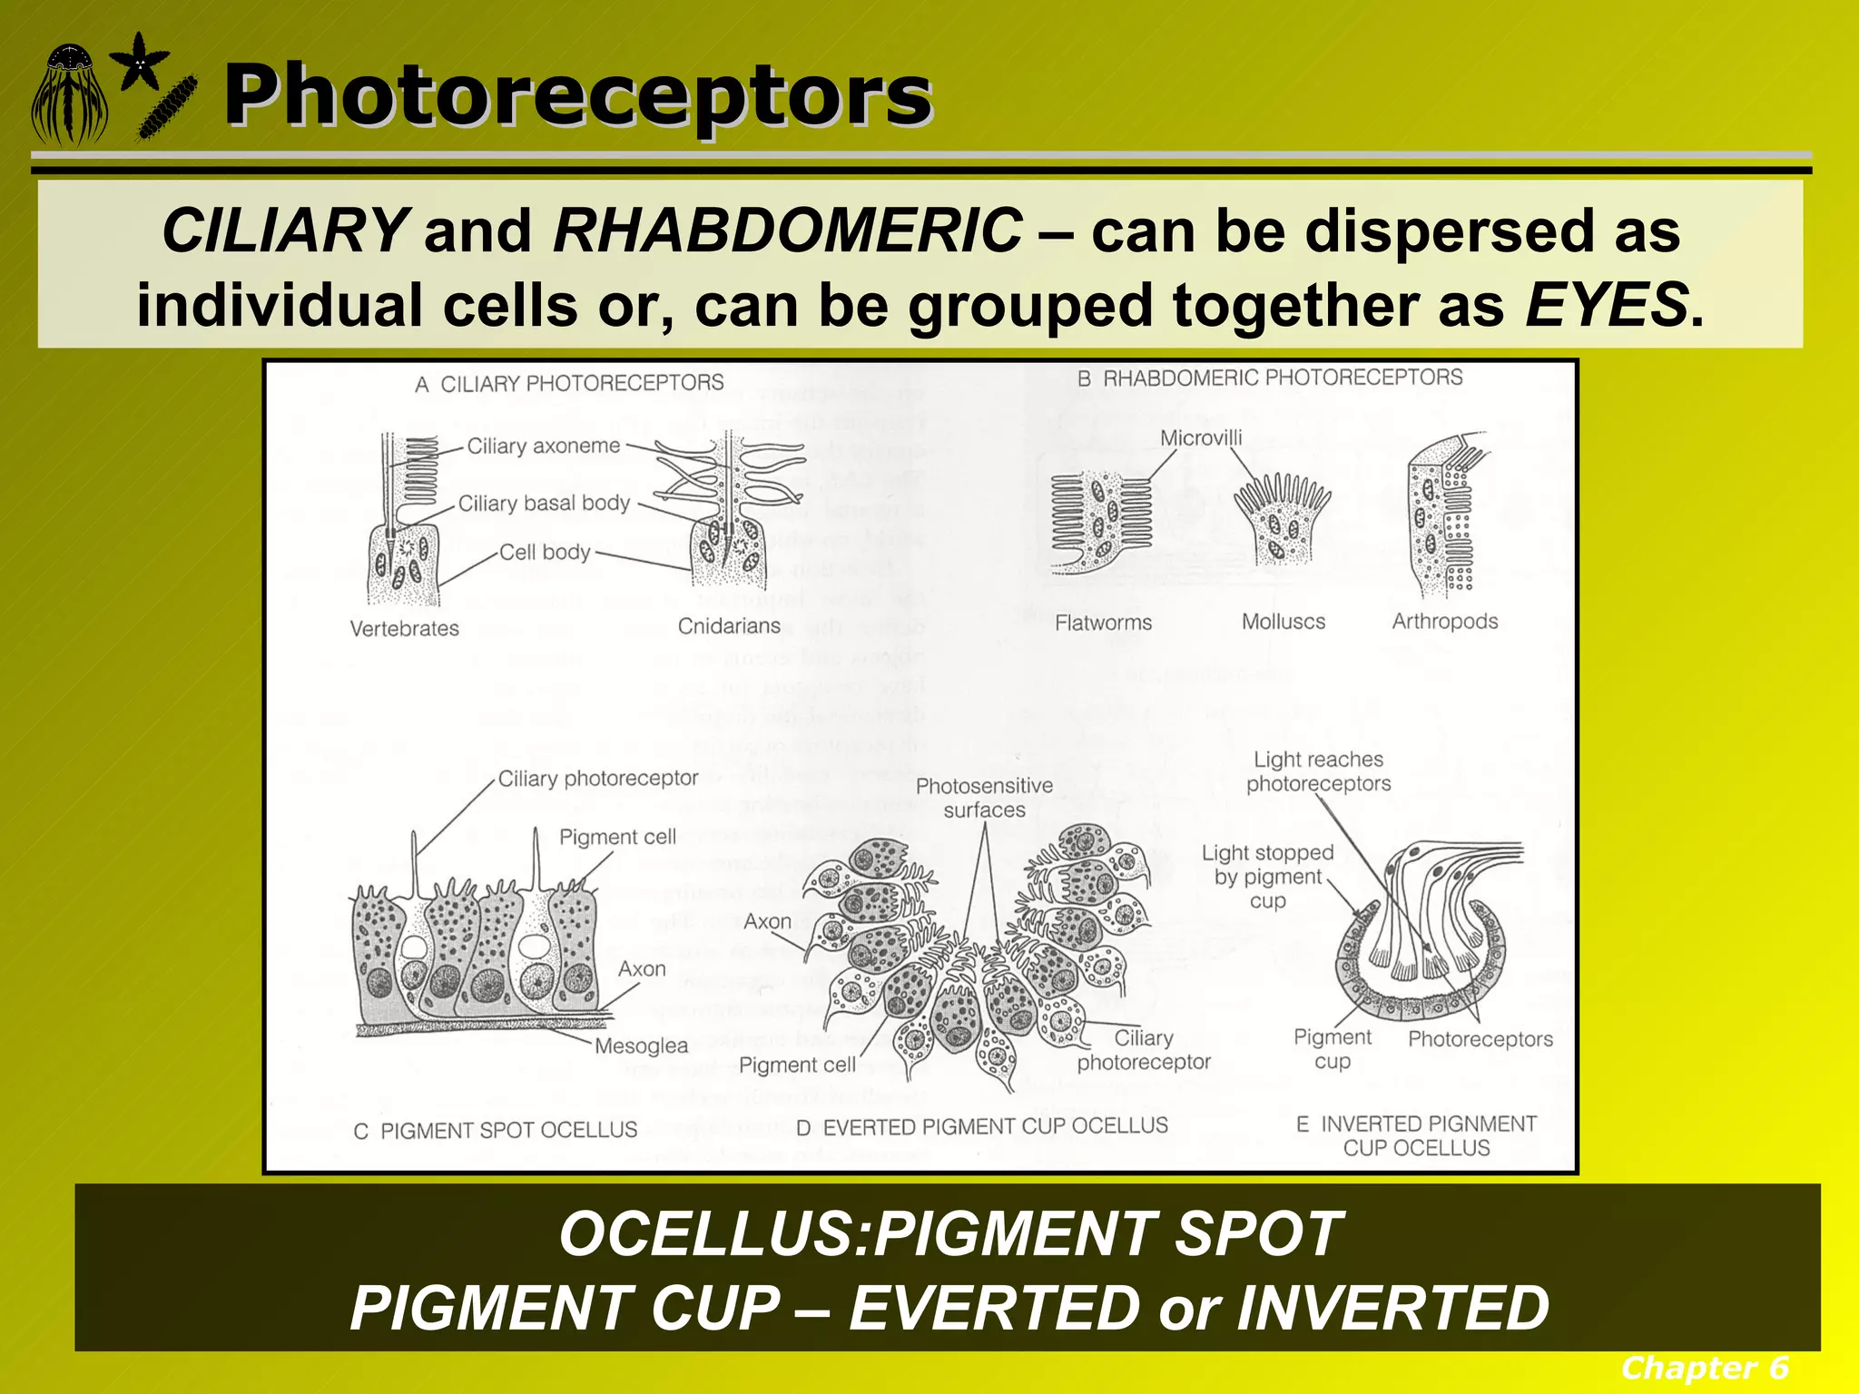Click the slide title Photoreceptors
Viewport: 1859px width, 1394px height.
pyautogui.click(x=577, y=97)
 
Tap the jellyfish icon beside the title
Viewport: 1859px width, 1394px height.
pyautogui.click(x=69, y=95)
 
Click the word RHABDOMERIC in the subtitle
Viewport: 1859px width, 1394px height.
pyautogui.click(x=787, y=231)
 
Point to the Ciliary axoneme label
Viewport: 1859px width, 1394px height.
pyautogui.click(x=543, y=447)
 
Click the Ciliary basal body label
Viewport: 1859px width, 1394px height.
pyautogui.click(x=543, y=504)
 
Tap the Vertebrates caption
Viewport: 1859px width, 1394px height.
pyautogui.click(x=404, y=628)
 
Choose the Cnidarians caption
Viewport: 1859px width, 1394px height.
pyautogui.click(x=729, y=626)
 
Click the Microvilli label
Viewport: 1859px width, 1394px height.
pyautogui.click(x=1200, y=438)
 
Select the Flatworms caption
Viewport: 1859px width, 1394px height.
pyautogui.click(x=1103, y=623)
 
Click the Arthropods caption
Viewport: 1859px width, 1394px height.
pyautogui.click(x=1444, y=622)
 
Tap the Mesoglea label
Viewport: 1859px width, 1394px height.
pyautogui.click(x=641, y=1045)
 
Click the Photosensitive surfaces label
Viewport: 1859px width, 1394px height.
pyautogui.click(x=984, y=798)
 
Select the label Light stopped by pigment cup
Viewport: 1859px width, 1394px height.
pyautogui.click(x=1267, y=877)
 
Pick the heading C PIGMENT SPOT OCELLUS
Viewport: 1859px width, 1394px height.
pyautogui.click(x=496, y=1131)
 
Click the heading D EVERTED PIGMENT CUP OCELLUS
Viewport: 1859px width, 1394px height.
pyautogui.click(x=981, y=1126)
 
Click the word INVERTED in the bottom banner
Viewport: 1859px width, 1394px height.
pyautogui.click(x=1392, y=1308)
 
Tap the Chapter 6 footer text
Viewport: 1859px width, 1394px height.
pyautogui.click(x=1704, y=1368)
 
